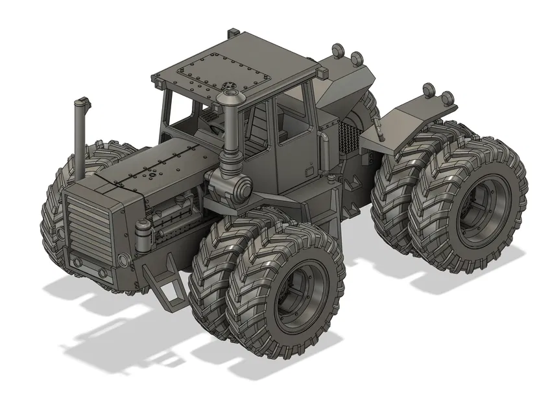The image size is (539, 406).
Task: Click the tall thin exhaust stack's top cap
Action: point(81,103)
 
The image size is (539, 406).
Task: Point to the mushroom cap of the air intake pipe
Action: point(232,99)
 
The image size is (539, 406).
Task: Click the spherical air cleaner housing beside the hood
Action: point(238,186)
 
